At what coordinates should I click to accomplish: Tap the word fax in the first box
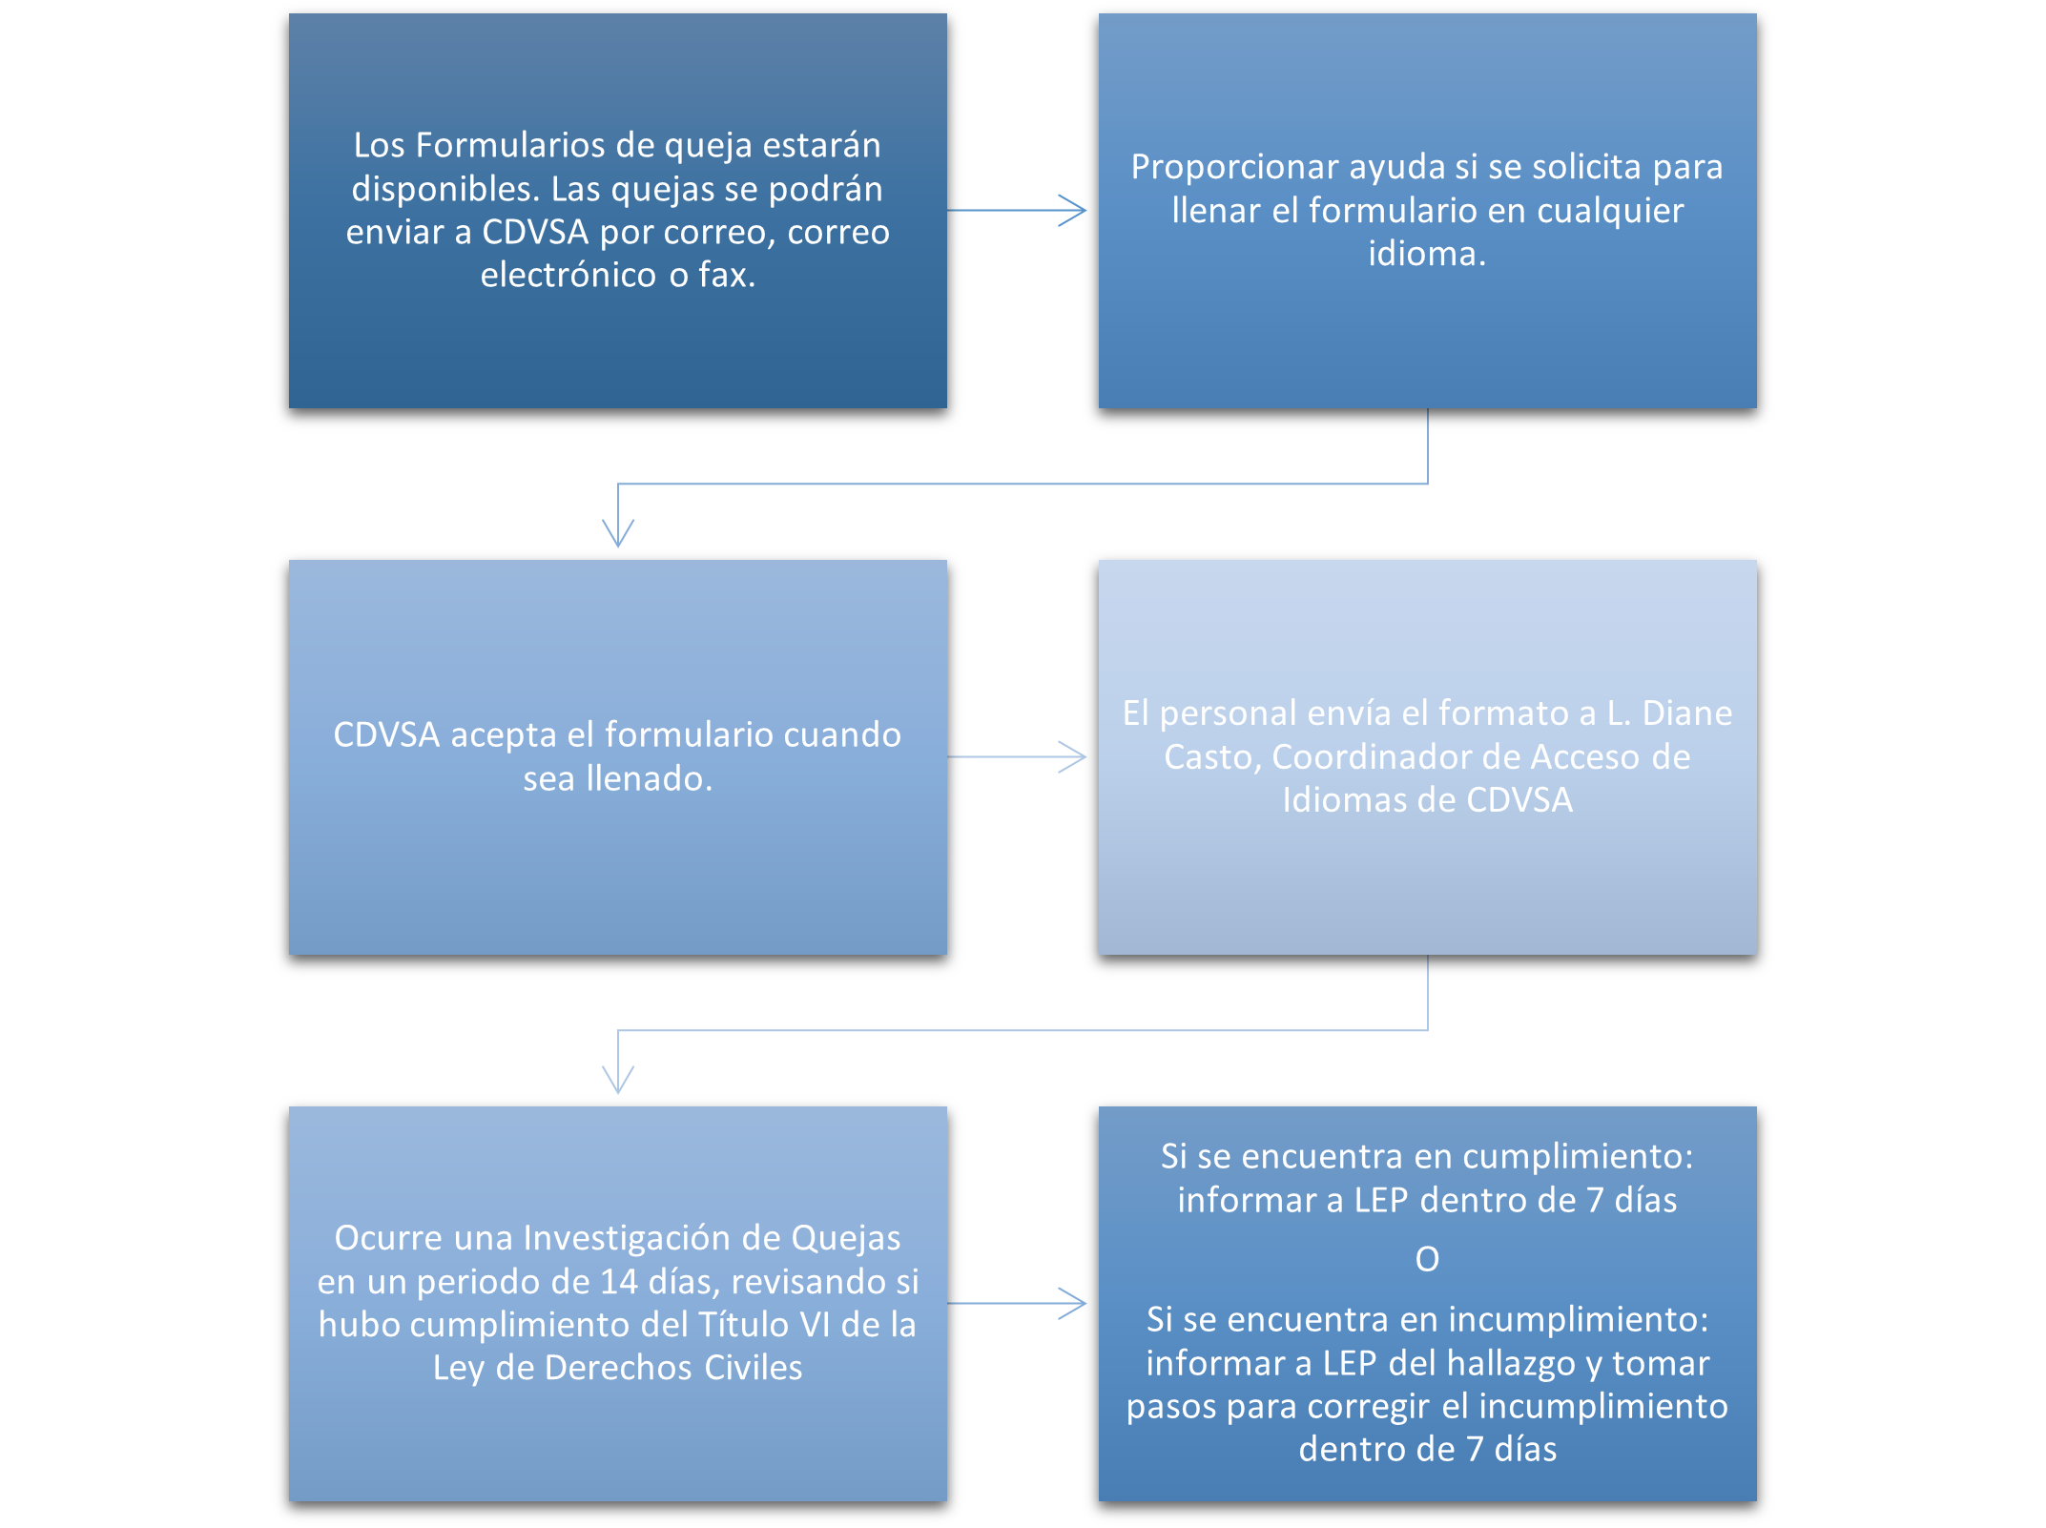(727, 275)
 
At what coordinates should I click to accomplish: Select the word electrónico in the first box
(568, 275)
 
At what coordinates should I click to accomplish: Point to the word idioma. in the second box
(1427, 254)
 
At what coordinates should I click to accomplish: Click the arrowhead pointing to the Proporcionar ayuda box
(1072, 210)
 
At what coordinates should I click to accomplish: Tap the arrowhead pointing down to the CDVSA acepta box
(618, 532)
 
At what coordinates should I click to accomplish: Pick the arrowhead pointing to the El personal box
(1072, 756)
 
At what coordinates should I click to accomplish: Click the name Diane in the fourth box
(1685, 713)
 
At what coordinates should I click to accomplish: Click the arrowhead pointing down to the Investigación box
(618, 1079)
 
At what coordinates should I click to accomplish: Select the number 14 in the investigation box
(619, 1282)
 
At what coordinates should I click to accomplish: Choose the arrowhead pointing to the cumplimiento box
(1072, 1303)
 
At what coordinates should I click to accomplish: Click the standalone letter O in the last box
(1427, 1259)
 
